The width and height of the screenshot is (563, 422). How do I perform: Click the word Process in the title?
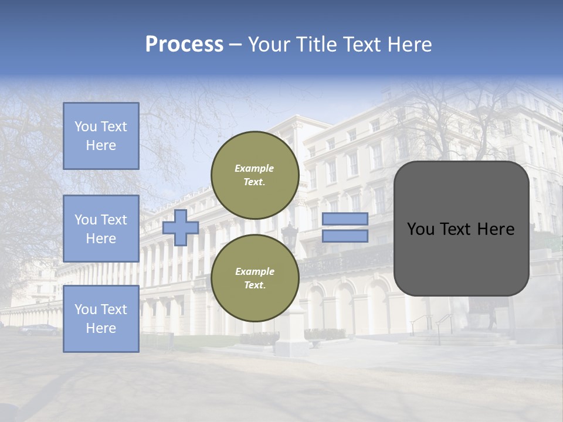184,45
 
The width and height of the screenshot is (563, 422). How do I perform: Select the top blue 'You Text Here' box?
101,136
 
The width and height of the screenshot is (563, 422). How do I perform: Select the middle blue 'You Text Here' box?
101,229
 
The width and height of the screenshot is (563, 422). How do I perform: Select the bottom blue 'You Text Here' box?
101,318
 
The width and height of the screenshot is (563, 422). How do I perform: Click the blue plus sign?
180,227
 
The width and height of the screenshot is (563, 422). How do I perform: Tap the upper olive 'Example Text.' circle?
255,175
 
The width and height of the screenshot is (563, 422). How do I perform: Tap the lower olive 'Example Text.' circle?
255,278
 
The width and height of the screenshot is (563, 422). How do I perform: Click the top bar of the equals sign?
345,219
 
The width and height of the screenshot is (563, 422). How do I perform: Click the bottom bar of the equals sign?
345,236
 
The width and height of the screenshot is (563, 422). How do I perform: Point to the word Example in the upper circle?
255,168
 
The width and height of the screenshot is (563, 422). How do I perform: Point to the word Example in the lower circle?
255,271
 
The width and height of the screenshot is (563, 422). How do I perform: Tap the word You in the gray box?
420,229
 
